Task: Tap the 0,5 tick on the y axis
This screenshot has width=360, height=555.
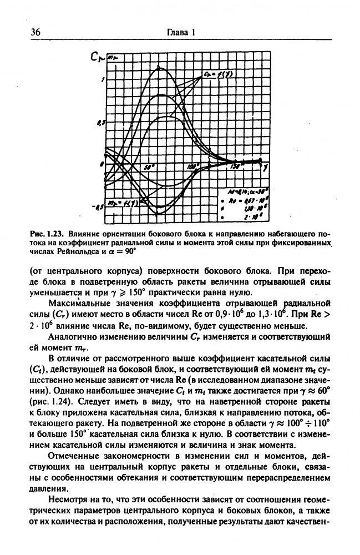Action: (x=100, y=123)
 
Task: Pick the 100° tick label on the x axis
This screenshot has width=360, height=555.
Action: (x=192, y=167)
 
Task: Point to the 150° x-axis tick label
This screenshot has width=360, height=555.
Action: (x=235, y=167)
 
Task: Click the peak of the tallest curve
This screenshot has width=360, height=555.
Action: (x=160, y=67)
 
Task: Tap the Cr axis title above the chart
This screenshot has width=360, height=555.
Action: (x=99, y=56)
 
